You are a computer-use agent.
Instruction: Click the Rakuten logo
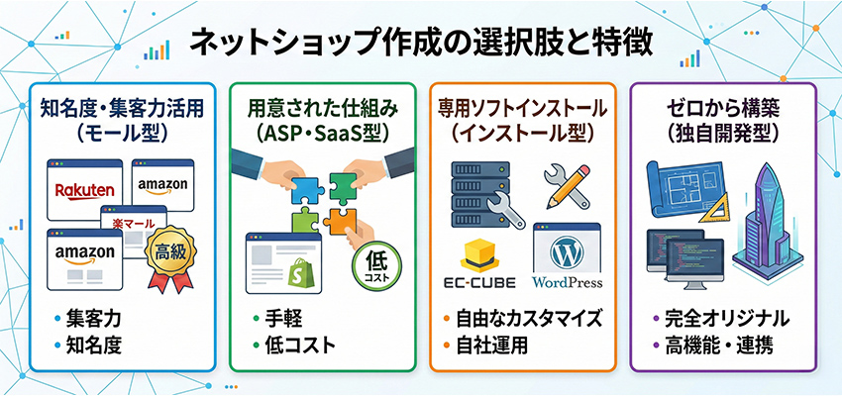click(x=85, y=187)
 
